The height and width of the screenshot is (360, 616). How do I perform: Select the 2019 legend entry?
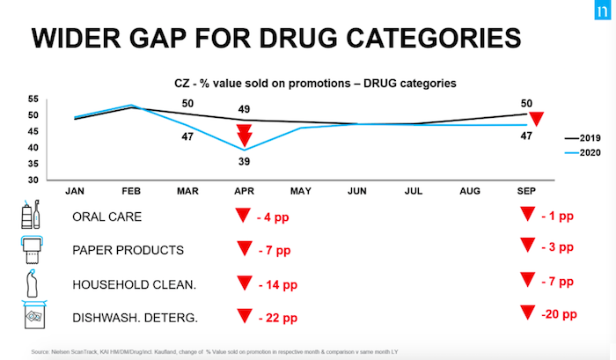tap(585, 138)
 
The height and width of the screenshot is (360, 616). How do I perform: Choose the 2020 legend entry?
tap(585, 152)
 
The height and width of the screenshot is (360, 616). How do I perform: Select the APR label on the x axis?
tap(245, 189)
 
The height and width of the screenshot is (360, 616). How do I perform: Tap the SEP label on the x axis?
tap(525, 189)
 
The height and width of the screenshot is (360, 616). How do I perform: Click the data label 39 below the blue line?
tap(245, 162)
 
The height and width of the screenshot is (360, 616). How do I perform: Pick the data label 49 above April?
tap(245, 108)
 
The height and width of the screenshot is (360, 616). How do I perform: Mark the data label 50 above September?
tap(525, 103)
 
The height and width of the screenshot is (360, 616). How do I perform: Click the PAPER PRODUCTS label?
tap(129, 250)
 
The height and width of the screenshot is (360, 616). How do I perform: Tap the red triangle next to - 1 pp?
tap(527, 215)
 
